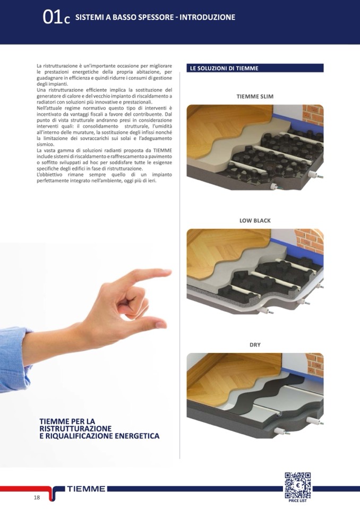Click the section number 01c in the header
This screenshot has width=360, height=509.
[56, 18]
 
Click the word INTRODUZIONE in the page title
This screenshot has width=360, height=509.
[207, 17]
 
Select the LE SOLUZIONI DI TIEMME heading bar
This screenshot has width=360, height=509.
[255, 68]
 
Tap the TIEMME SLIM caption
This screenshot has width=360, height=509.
[255, 97]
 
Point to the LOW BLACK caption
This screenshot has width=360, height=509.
[255, 220]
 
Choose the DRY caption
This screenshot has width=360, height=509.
[255, 345]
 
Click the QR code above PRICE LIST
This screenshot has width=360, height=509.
[298, 485]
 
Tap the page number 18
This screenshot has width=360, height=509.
[37, 497]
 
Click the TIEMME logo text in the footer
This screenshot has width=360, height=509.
[87, 489]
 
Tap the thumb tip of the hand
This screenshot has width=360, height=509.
[164, 324]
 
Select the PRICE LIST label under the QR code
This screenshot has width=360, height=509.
[298, 501]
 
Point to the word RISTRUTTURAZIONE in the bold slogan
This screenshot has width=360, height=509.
[75, 428]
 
